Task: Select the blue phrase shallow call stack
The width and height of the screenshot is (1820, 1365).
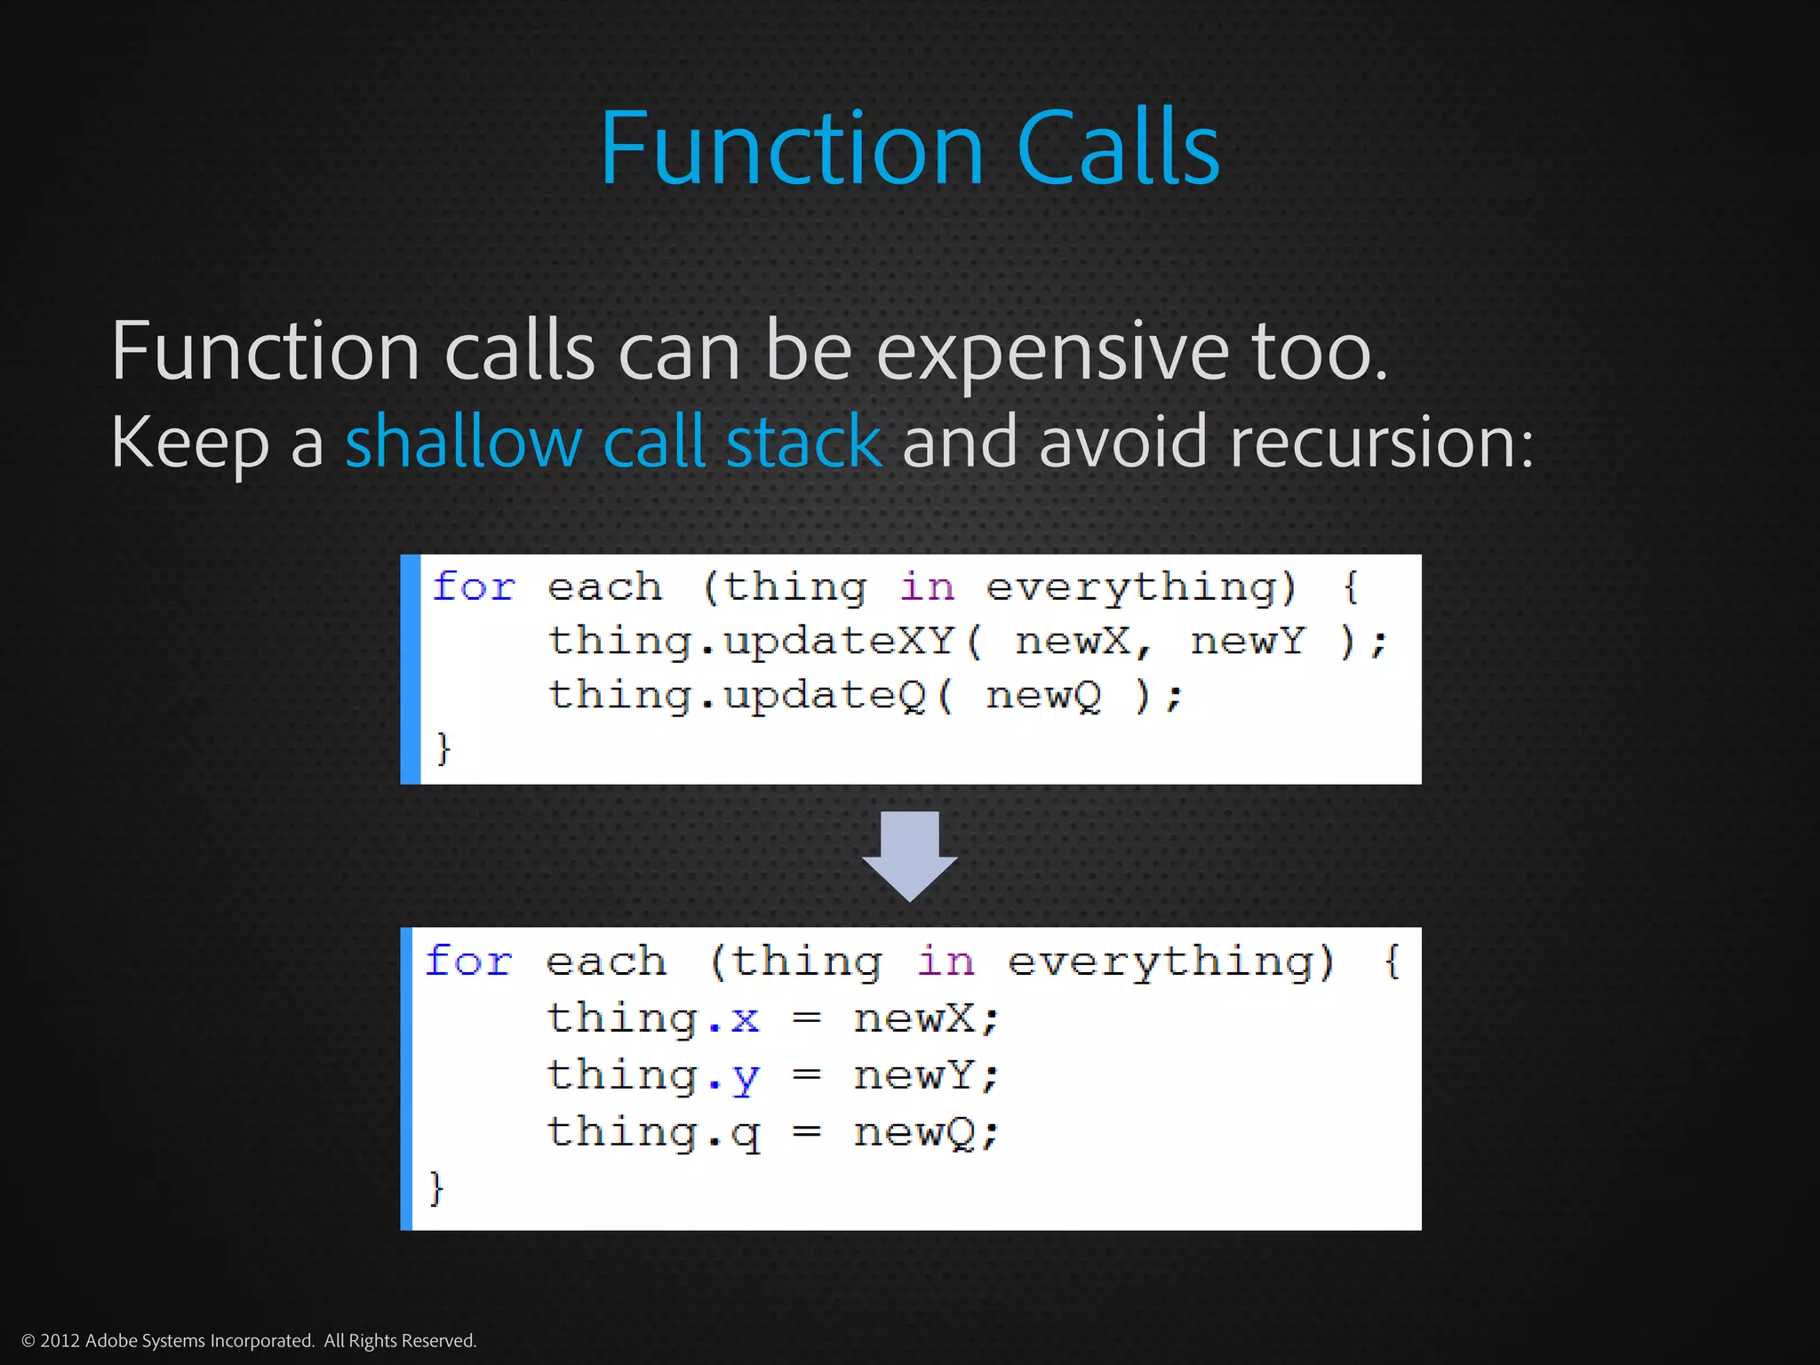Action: [613, 442]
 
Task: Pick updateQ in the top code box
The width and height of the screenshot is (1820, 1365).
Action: [824, 696]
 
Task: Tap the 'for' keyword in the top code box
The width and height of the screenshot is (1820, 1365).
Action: [473, 587]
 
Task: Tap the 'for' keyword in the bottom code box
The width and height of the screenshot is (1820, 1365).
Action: [468, 962]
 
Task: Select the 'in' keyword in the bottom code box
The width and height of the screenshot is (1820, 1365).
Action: [946, 962]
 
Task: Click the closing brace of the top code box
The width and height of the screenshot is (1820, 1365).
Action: [443, 748]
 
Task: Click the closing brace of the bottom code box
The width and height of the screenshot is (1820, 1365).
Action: [435, 1187]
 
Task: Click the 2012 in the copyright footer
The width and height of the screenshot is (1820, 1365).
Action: [60, 1341]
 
